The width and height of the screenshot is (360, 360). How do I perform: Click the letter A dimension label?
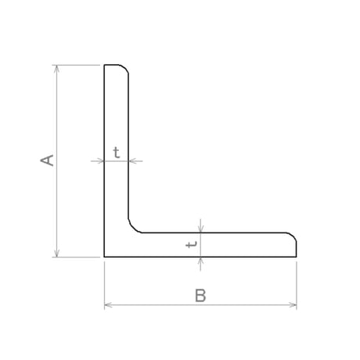pos(47,160)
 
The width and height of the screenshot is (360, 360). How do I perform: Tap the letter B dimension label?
pos(200,295)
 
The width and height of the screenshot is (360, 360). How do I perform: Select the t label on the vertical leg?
pos(117,153)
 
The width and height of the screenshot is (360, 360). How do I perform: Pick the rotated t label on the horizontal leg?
pos(192,244)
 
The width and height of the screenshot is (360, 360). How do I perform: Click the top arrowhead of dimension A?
pos(56,68)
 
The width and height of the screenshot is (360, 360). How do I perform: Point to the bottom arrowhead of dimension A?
pos(56,254)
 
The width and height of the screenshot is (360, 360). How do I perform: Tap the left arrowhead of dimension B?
pos(108,305)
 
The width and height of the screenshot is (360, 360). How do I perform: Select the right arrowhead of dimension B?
pos(293,305)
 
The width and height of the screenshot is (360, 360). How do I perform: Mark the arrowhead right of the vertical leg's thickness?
pos(132,161)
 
